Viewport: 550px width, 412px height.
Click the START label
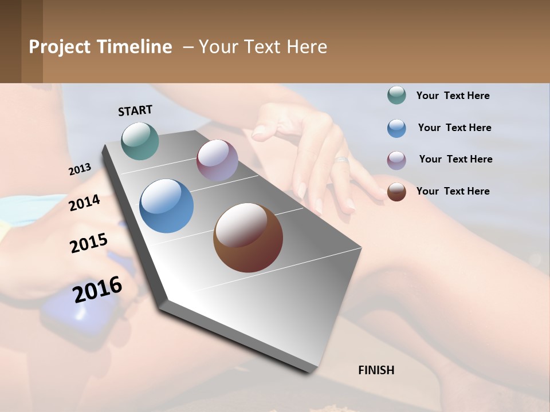pyautogui.click(x=135, y=110)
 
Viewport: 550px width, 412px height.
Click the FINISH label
pyautogui.click(x=376, y=370)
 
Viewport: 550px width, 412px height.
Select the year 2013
pyautogui.click(x=80, y=169)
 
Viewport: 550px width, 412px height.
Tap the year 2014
pyautogui.click(x=84, y=203)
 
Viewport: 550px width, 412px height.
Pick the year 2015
pyautogui.click(x=89, y=243)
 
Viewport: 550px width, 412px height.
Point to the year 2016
pyautogui.click(x=97, y=289)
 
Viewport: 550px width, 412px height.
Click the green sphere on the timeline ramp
pyautogui.click(x=140, y=141)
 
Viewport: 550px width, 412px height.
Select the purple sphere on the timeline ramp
pyautogui.click(x=217, y=160)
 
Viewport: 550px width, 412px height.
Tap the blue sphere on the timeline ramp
pyautogui.click(x=167, y=206)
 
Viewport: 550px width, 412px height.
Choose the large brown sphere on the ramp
pyautogui.click(x=248, y=237)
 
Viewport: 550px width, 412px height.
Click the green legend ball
pyautogui.click(x=396, y=96)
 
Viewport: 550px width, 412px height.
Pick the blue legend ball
pyautogui.click(x=396, y=128)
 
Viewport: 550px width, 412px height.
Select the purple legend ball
pyautogui.click(x=396, y=160)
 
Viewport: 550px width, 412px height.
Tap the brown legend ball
pyautogui.click(x=396, y=191)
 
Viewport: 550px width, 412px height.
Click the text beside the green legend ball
pyautogui.click(x=453, y=96)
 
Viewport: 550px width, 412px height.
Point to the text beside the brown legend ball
pyautogui.click(x=453, y=191)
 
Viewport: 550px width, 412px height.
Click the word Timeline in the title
pyautogui.click(x=134, y=47)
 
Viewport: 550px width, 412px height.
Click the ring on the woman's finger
pyautogui.click(x=341, y=160)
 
